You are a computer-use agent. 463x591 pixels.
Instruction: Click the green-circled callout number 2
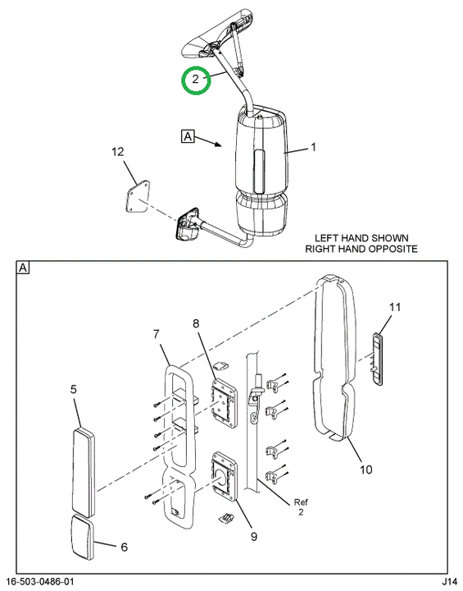click(194, 79)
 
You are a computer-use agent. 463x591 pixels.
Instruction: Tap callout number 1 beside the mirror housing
click(313, 147)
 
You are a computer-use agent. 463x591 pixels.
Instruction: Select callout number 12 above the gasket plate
click(118, 152)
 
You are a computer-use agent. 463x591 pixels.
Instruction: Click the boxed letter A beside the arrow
click(188, 136)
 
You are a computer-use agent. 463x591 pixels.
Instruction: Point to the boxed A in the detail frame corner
click(23, 268)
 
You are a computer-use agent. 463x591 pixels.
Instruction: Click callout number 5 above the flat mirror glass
click(74, 389)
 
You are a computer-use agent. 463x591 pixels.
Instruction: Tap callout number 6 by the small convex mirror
click(125, 547)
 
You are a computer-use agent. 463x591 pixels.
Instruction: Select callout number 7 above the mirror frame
click(156, 334)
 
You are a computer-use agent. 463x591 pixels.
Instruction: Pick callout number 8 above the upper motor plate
click(196, 323)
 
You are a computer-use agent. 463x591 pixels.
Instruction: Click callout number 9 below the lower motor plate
click(254, 536)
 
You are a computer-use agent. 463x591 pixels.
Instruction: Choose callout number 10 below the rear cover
click(365, 470)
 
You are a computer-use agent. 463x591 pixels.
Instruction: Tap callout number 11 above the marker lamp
click(395, 307)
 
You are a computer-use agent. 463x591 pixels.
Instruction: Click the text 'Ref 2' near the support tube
click(301, 507)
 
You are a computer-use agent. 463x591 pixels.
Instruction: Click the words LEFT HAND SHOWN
click(361, 238)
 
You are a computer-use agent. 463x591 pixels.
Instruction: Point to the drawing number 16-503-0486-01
click(40, 582)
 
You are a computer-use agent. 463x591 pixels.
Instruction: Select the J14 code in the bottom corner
click(449, 582)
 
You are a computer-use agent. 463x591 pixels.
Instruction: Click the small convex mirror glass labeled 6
click(80, 537)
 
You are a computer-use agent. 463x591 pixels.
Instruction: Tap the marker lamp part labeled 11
click(377, 359)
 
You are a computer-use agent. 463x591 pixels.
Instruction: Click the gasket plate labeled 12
click(137, 197)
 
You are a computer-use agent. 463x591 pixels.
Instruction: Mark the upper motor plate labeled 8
click(225, 403)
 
